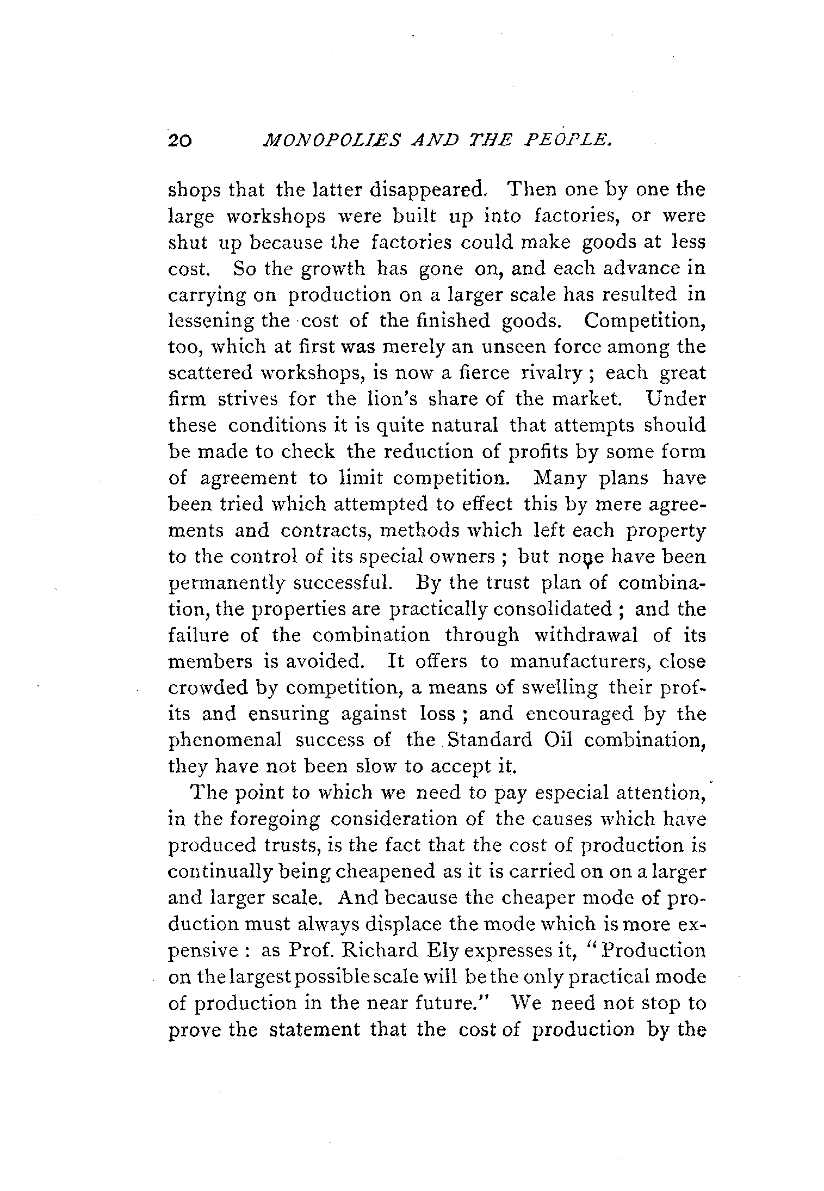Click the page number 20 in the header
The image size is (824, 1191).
pyautogui.click(x=179, y=141)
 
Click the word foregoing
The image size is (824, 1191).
pyautogui.click(x=274, y=819)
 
